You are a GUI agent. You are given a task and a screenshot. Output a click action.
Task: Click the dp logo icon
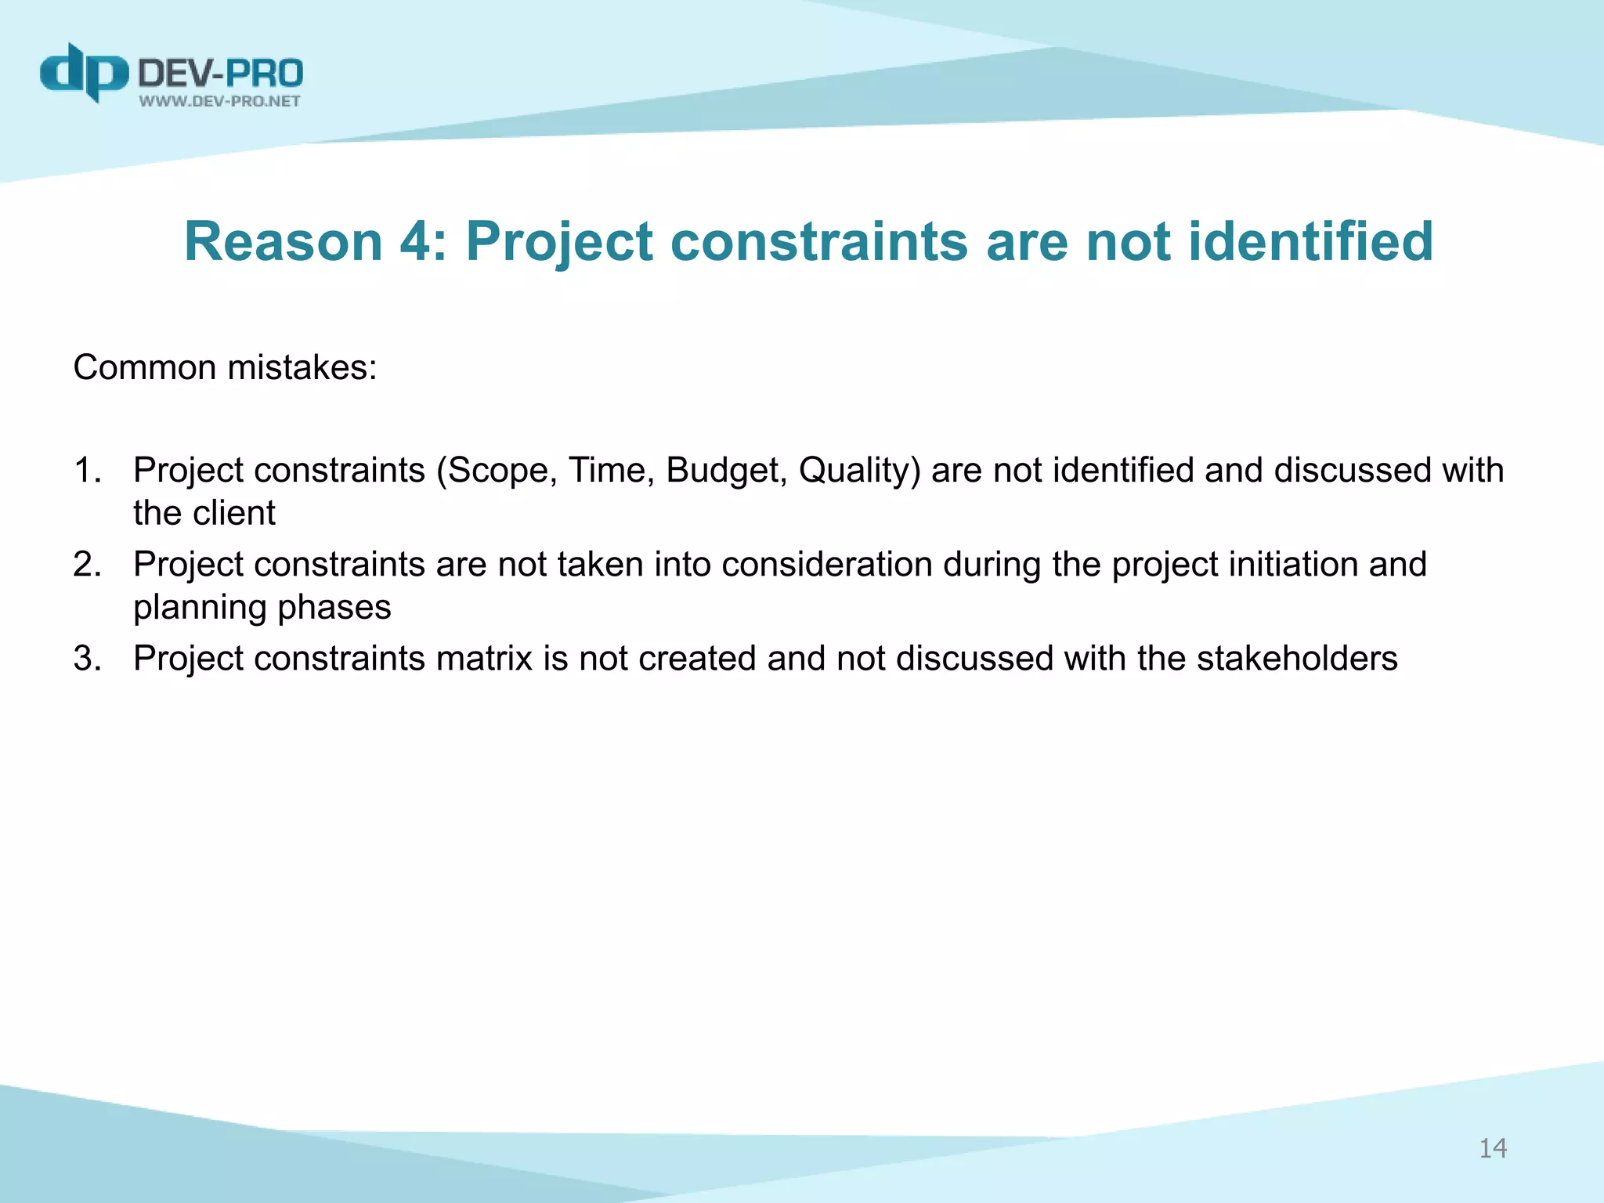point(84,73)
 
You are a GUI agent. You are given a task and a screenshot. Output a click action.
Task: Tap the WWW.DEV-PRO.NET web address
point(220,101)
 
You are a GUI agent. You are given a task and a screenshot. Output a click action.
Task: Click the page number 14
point(1492,1148)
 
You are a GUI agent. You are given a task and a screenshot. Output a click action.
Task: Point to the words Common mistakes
point(225,367)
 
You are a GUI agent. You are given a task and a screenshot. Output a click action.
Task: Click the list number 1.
point(86,471)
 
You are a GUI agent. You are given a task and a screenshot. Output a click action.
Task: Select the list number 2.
point(86,565)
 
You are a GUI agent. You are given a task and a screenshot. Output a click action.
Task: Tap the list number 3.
point(86,659)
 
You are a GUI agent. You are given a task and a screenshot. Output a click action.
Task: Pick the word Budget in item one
point(725,471)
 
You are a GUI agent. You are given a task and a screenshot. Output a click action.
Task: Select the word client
point(233,514)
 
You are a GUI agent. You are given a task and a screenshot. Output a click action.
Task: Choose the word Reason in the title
point(283,241)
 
